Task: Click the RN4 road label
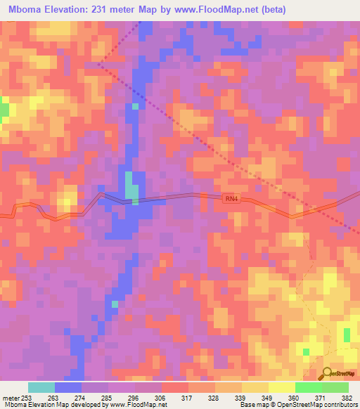(x=231, y=200)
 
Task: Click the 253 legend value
(x=27, y=398)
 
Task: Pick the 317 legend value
(x=187, y=398)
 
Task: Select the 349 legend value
(x=268, y=398)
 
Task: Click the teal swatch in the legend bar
(x=41, y=387)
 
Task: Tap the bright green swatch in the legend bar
(x=308, y=387)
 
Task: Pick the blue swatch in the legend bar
(x=68, y=387)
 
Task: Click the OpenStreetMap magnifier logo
(x=326, y=373)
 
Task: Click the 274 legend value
(x=81, y=398)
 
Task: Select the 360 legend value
(x=295, y=398)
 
